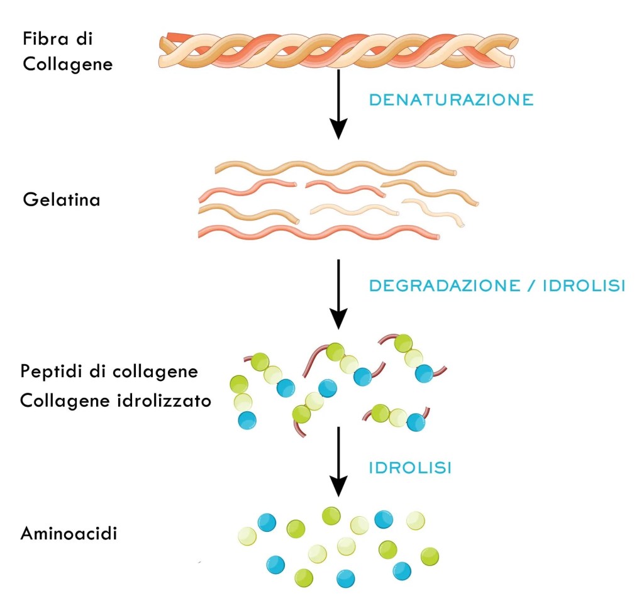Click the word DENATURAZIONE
click(x=451, y=100)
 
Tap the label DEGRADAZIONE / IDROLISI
click(x=497, y=285)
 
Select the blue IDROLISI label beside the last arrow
click(x=410, y=468)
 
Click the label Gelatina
click(x=61, y=201)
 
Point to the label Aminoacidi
click(x=69, y=534)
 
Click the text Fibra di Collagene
click(x=67, y=52)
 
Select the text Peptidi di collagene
click(x=109, y=372)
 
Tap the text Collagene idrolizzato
click(x=115, y=401)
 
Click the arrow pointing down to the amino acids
click(x=339, y=462)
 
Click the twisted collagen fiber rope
click(x=336, y=52)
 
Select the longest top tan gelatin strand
click(x=335, y=168)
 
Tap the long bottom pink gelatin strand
click(x=318, y=233)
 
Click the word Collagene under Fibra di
click(x=67, y=64)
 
